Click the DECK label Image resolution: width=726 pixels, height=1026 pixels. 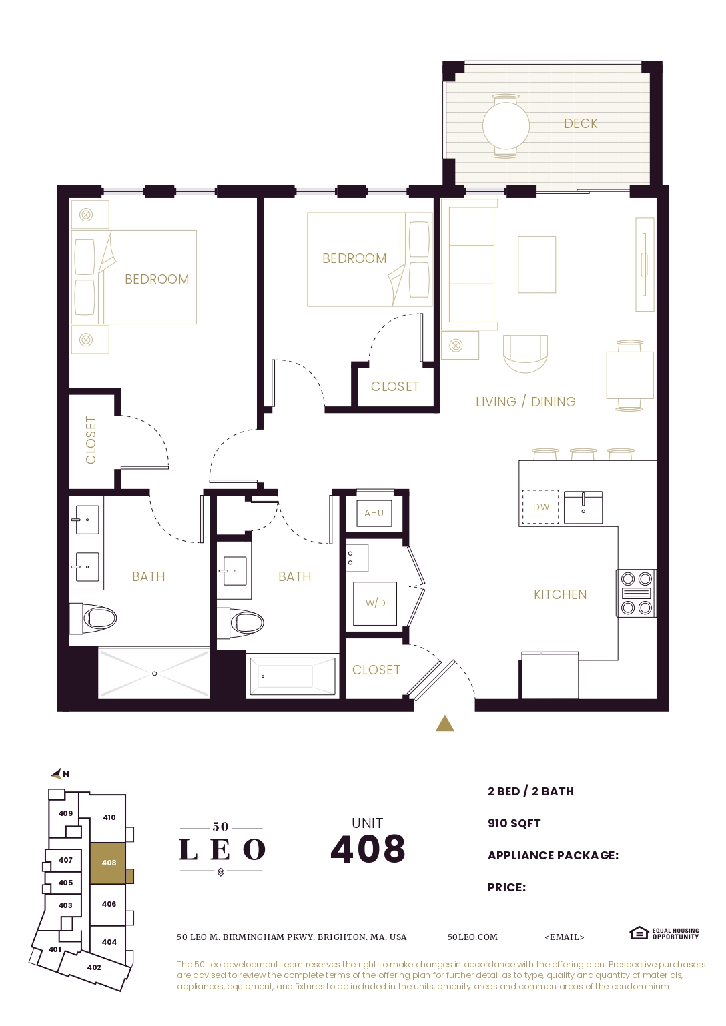[x=581, y=123]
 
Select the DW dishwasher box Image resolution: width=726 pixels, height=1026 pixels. [x=540, y=507]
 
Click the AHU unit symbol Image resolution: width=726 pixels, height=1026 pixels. [x=374, y=513]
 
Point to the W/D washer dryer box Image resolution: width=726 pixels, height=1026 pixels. [x=375, y=603]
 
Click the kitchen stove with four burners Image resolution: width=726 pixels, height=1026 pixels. [x=636, y=593]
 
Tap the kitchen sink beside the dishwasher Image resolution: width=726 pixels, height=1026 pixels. [x=583, y=507]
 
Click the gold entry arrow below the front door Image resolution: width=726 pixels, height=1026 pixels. [x=445, y=724]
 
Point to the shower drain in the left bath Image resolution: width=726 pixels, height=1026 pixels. [x=155, y=674]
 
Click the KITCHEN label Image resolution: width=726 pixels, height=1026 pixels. [x=560, y=594]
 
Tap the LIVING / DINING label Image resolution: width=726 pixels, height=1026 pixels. [x=525, y=402]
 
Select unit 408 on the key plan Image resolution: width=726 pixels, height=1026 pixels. [x=108, y=863]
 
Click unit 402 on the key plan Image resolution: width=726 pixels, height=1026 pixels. [x=94, y=967]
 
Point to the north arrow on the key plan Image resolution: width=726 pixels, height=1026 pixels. [x=58, y=774]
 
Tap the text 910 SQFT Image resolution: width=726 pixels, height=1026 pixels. [x=514, y=823]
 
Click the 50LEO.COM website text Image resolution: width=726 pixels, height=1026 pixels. [x=472, y=937]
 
